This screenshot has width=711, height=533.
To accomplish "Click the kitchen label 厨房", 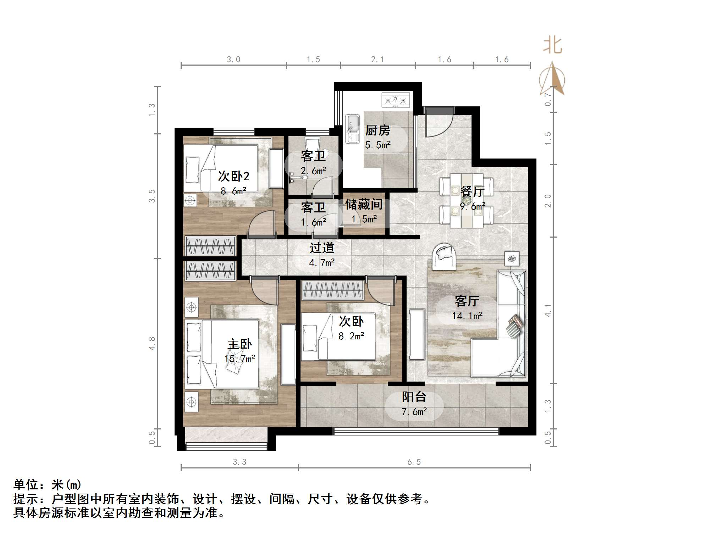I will coord(377,131).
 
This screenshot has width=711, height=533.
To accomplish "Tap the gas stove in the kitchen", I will coord(395,100).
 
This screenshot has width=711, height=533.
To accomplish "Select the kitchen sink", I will coord(353,128).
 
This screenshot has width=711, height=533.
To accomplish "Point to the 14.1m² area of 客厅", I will coord(467,316).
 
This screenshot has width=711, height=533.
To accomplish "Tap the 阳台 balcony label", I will coord(414,397).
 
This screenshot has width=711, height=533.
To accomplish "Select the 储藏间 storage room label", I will coord(364,204).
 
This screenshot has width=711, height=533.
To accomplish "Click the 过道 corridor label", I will coord(322,248).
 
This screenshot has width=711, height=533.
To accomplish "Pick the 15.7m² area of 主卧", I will coord(240,359).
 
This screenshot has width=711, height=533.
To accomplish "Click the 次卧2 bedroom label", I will coord(233,176).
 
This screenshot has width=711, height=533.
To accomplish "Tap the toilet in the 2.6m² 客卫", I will coord(312,145).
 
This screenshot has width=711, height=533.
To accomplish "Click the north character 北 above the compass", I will coord(552,45).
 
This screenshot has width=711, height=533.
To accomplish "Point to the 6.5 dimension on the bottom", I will coord(414,462).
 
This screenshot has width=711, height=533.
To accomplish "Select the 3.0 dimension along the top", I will coord(233,60).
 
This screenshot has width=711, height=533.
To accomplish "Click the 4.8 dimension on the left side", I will coord(152,343).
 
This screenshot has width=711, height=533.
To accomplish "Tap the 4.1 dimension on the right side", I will coord(548,311).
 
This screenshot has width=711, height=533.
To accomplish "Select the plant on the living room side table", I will coord(511,259).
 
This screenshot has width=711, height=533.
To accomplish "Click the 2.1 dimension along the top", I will coord(377,60).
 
